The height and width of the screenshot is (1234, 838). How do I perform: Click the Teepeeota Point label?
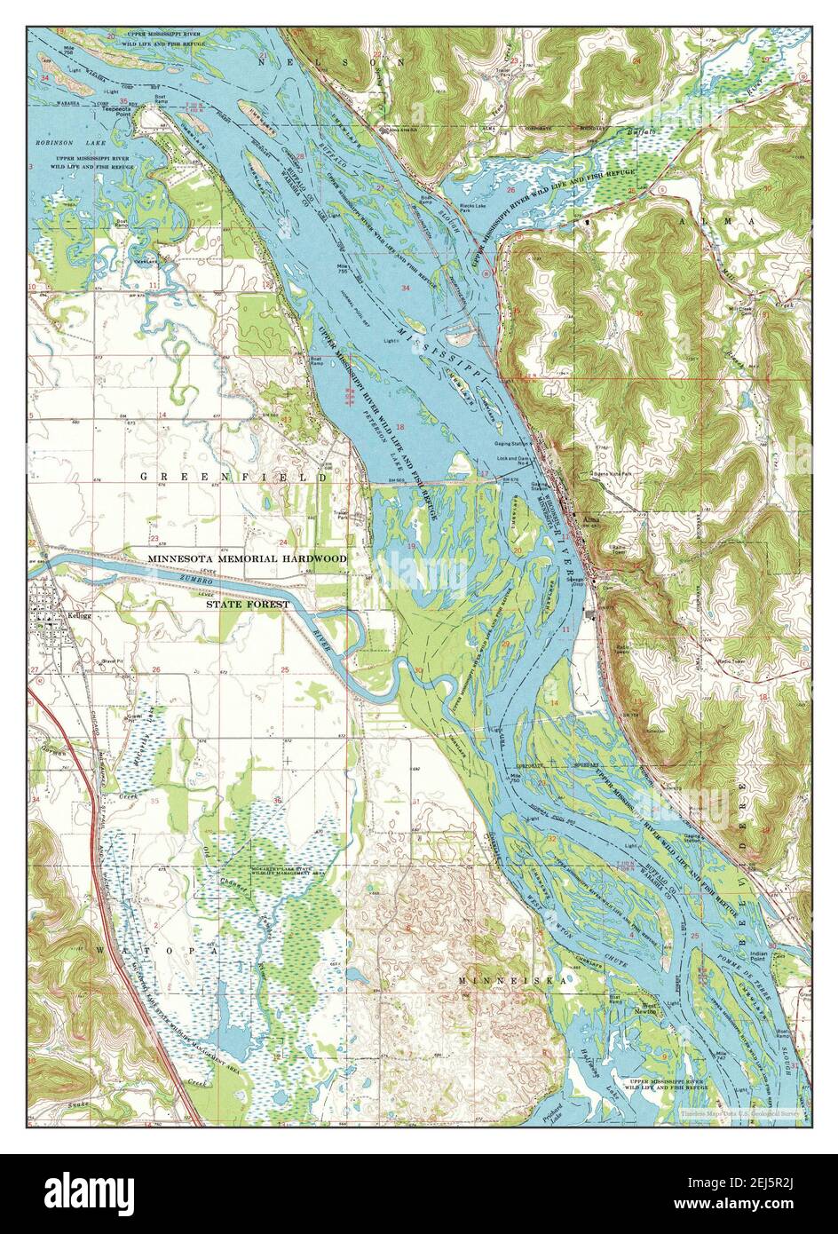click(117, 112)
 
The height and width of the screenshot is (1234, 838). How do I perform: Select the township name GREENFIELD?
click(233, 478)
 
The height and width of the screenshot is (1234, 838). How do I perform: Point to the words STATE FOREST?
click(248, 604)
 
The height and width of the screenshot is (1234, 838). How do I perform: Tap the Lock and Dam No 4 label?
click(518, 458)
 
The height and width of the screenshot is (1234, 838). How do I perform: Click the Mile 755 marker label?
click(342, 269)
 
